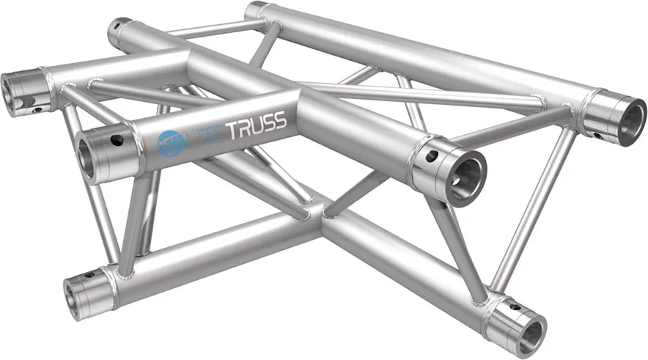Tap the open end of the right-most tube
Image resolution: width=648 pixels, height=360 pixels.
pyautogui.click(x=630, y=121)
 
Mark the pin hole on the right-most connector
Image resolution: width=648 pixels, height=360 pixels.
pyautogui.click(x=599, y=135)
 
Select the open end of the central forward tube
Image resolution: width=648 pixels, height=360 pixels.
pyautogui.click(x=468, y=176)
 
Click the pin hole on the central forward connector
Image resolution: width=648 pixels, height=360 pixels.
pyautogui.click(x=432, y=155)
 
